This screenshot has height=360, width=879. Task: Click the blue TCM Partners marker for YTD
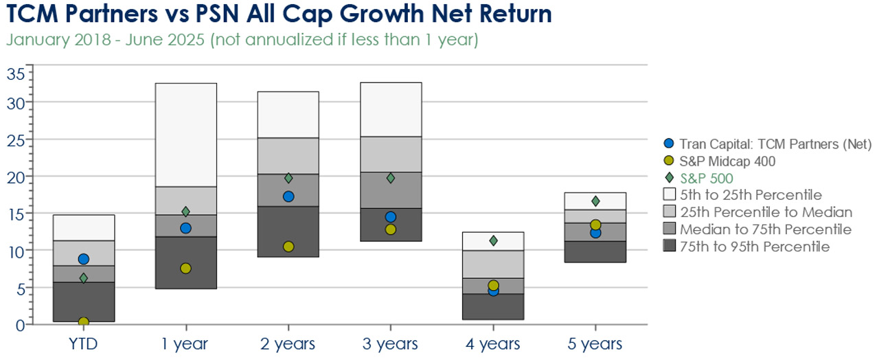click(x=84, y=259)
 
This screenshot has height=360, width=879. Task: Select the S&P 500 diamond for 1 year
click(x=186, y=212)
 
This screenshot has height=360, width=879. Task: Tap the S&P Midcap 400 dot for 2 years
click(x=288, y=247)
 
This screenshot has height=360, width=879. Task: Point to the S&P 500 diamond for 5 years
click(x=595, y=201)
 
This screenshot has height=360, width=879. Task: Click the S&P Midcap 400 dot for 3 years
click(x=391, y=229)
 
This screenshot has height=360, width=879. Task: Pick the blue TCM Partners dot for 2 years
click(x=288, y=196)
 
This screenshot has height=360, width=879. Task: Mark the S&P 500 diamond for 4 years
click(x=494, y=240)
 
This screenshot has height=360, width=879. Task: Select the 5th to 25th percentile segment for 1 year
click(x=186, y=135)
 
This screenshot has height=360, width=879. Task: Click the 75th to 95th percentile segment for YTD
click(x=84, y=302)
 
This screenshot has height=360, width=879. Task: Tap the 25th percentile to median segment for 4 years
click(x=493, y=265)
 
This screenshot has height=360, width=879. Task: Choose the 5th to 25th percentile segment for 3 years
click(x=391, y=109)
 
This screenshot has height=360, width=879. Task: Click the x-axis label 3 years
click(x=390, y=344)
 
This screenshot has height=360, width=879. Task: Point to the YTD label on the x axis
click(x=83, y=344)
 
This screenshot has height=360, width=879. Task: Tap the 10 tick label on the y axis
click(x=16, y=252)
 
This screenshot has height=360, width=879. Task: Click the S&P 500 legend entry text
click(x=707, y=179)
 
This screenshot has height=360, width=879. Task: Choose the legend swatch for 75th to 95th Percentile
click(x=670, y=246)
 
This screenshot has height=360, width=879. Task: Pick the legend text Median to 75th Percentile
click(x=766, y=229)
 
